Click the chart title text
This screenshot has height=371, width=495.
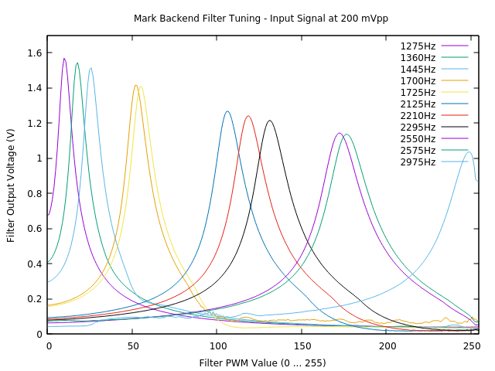coord(261,19)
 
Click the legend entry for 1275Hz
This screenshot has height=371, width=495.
coord(418,46)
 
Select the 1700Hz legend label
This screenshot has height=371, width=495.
coord(418,81)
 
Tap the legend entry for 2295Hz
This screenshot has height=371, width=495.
coord(418,128)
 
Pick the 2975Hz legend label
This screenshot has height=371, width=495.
coord(418,162)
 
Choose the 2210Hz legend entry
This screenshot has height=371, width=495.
coord(418,116)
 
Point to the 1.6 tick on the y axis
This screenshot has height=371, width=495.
coord(34,53)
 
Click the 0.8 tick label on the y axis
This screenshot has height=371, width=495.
coord(34,194)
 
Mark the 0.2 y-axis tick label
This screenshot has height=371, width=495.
coord(34,299)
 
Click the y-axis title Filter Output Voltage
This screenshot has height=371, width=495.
coord(11,185)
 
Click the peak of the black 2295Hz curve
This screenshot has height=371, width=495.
coord(269,121)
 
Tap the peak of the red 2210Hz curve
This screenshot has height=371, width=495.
coord(247,116)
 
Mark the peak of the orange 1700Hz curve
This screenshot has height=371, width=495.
coord(135,85)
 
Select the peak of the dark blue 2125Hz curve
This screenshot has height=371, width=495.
coord(227,111)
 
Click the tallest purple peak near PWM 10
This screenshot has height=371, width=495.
coord(64,58)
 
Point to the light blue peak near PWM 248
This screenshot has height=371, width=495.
coord(469,151)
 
